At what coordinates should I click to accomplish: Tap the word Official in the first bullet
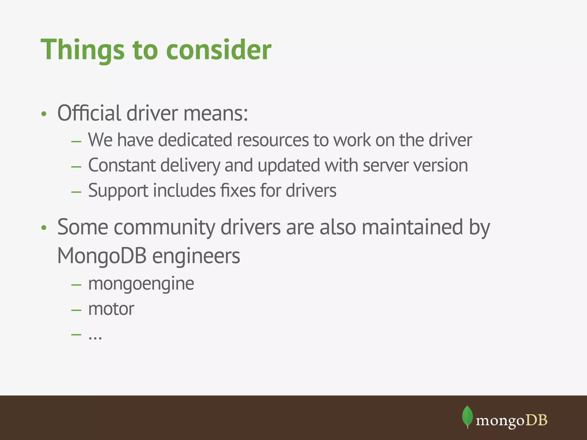(x=89, y=113)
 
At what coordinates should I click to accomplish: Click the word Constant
(x=122, y=165)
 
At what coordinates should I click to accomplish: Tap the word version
(x=440, y=166)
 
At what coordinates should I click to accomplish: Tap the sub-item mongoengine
(x=141, y=284)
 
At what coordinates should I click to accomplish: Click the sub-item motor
(x=111, y=309)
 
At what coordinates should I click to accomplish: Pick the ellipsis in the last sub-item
(x=95, y=337)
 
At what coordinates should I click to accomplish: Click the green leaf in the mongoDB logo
(x=467, y=416)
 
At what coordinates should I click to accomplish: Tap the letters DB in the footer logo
(x=537, y=420)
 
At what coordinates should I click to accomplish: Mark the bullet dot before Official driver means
(x=44, y=114)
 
